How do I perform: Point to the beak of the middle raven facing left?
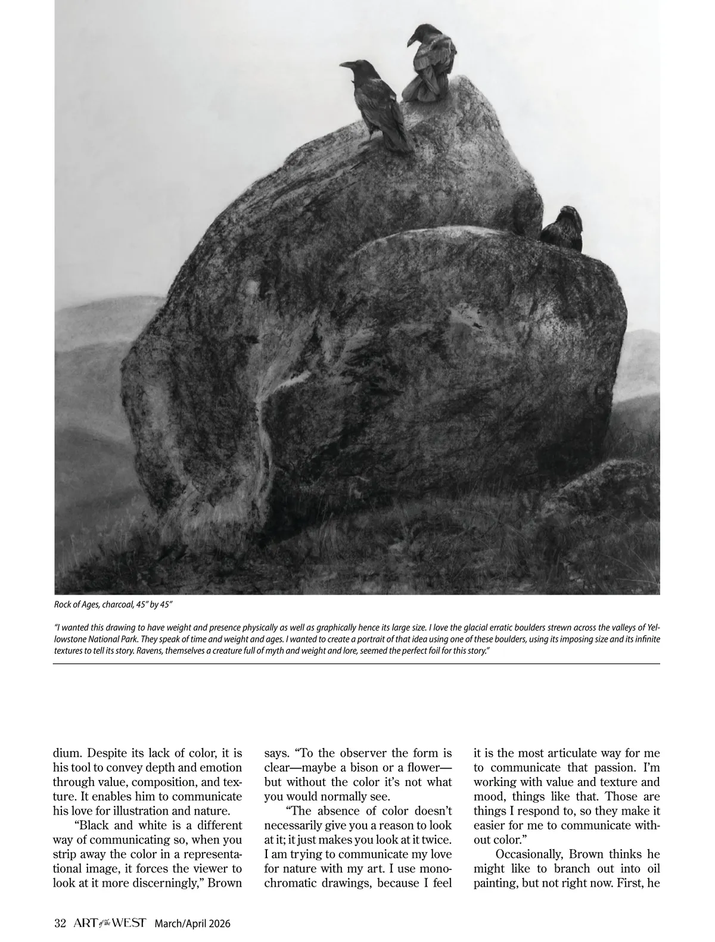pos(345,65)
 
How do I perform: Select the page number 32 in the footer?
pos(60,923)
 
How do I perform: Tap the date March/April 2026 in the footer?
pos(192,924)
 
